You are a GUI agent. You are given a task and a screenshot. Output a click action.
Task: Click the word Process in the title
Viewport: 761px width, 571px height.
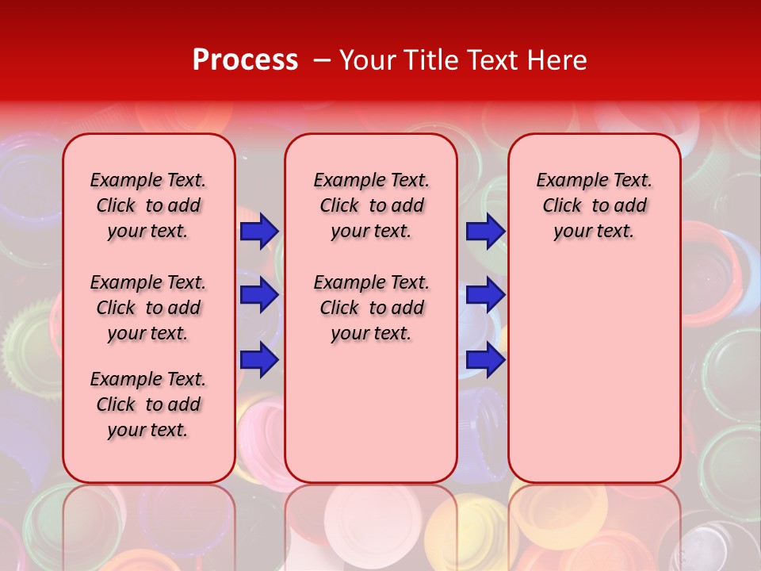(x=245, y=60)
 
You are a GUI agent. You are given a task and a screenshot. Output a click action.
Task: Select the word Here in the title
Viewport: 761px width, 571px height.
(x=558, y=60)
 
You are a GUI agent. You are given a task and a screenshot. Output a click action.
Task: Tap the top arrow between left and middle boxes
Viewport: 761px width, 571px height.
(x=259, y=231)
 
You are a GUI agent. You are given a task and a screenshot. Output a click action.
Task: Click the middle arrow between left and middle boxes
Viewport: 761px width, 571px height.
(x=259, y=295)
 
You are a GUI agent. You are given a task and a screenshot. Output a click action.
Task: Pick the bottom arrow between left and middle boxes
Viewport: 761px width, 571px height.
(x=259, y=360)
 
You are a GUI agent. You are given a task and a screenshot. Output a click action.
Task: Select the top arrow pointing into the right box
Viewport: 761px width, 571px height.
(x=485, y=231)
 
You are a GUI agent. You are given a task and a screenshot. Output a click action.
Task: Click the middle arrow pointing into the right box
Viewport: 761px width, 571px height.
(x=485, y=295)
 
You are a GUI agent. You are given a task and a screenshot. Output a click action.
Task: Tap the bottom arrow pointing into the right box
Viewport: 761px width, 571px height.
(x=485, y=360)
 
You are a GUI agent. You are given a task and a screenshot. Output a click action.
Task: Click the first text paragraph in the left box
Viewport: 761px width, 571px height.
(x=148, y=205)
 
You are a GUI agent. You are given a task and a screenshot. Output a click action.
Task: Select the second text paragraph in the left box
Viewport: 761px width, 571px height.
(x=148, y=308)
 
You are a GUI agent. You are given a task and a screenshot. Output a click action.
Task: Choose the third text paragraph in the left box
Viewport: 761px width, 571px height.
(x=148, y=404)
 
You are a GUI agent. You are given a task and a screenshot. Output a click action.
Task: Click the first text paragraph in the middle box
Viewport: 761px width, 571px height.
(x=371, y=205)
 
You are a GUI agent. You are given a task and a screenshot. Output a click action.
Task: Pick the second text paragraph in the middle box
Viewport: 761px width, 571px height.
(x=371, y=308)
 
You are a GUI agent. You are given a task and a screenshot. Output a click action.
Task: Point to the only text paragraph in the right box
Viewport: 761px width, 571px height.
(x=594, y=205)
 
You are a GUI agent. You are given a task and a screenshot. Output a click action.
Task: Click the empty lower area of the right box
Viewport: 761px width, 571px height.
(x=594, y=381)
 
